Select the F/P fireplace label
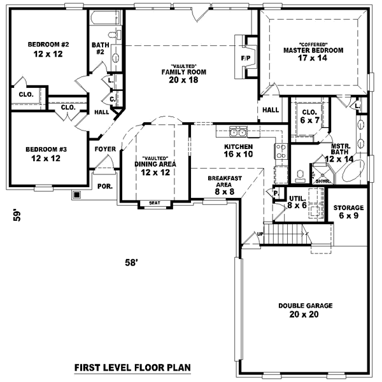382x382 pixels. coord(246,59)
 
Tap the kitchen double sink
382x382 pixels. coord(239,132)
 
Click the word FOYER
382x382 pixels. coord(104,149)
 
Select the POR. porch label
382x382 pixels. coord(104,186)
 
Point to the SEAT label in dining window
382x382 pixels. coord(154,203)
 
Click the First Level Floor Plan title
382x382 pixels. coord(132,367)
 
